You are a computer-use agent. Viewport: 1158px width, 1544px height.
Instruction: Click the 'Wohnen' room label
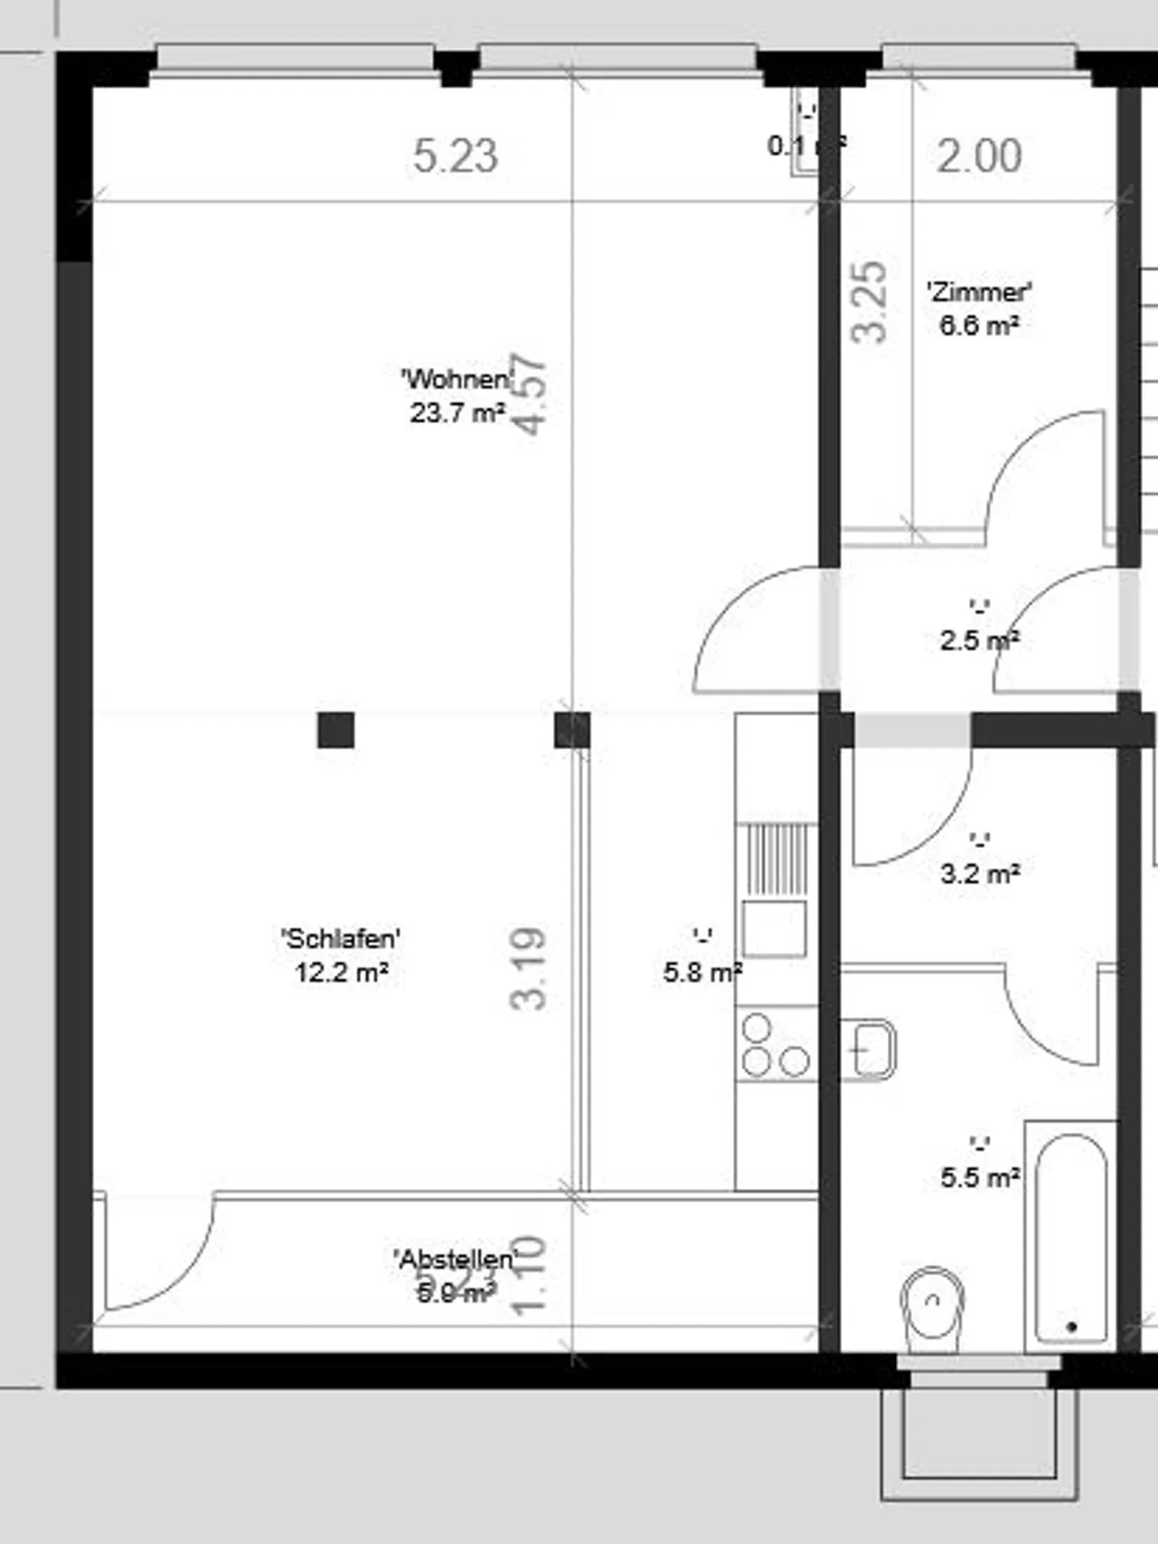(456, 378)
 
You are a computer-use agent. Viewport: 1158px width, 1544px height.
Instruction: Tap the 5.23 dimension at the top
(455, 156)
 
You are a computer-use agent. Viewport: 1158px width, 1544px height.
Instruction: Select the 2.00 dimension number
(979, 156)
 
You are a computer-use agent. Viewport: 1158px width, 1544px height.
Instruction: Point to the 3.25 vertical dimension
(869, 302)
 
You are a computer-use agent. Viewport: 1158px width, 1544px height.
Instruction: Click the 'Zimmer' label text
(979, 291)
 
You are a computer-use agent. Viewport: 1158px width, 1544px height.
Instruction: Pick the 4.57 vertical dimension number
(530, 395)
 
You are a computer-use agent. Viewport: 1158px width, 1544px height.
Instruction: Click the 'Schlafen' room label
(341, 938)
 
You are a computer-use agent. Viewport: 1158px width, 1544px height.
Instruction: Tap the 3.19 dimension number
(528, 968)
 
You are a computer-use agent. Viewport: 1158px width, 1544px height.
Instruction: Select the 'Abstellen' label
(454, 1258)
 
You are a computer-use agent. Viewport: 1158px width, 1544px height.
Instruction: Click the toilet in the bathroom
(932, 1307)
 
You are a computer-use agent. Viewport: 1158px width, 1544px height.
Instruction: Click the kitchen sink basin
(774, 928)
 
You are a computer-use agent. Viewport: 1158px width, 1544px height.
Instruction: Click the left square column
(335, 730)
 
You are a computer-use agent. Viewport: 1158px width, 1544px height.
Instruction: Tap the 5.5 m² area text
(980, 1178)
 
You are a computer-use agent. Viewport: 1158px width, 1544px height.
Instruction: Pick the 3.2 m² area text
(980, 874)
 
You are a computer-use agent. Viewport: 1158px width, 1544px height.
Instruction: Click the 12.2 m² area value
(342, 973)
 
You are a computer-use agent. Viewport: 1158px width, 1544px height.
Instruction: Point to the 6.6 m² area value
(979, 326)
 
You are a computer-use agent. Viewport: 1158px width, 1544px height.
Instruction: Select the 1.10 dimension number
(530, 1276)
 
